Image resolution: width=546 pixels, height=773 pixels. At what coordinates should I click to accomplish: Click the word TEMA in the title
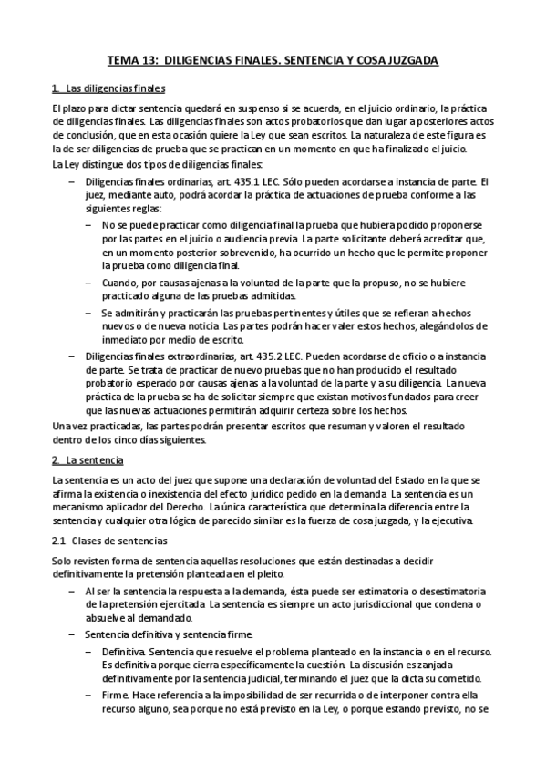point(123,60)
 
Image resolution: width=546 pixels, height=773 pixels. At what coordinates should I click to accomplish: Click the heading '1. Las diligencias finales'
point(108,88)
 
